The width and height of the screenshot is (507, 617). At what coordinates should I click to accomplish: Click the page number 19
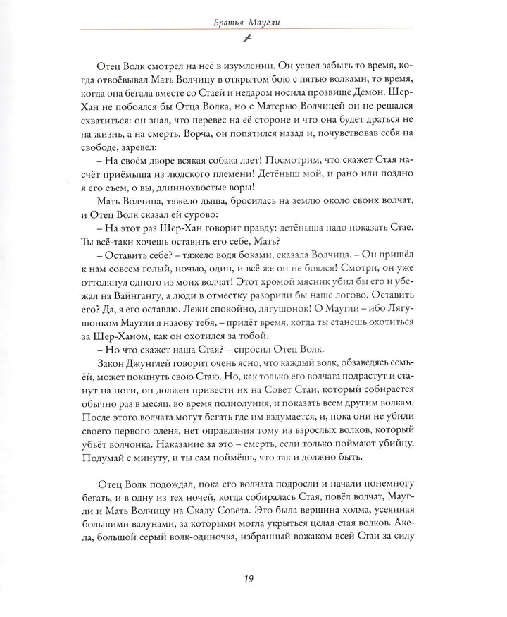coord(248,580)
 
